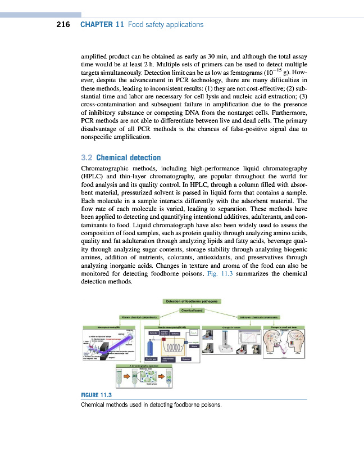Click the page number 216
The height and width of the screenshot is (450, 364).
[x=62, y=25]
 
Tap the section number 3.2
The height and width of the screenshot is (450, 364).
[x=87, y=157]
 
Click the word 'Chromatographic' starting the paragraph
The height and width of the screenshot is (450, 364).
[x=104, y=169]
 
